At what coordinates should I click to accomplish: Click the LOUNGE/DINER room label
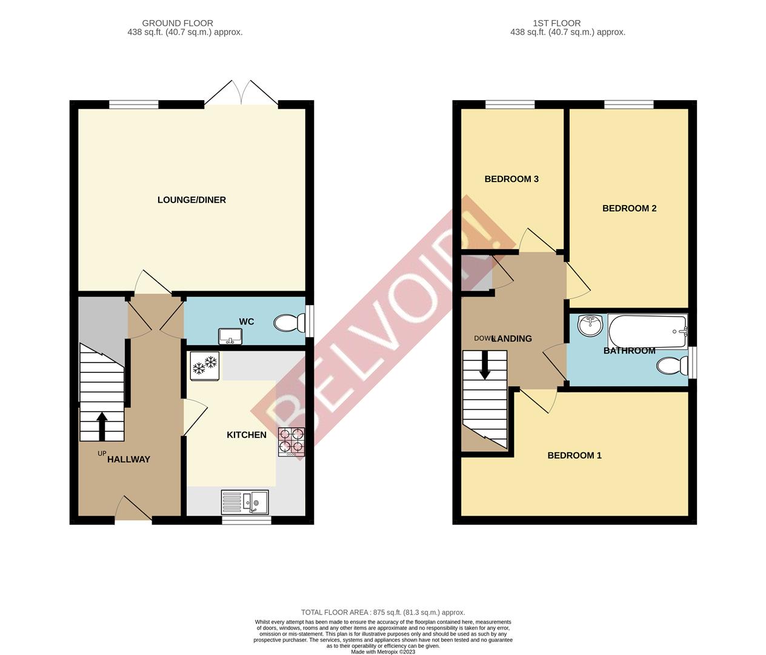pos(191,200)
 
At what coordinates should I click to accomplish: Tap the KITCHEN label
pos(247,435)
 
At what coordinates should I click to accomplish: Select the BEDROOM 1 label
pos(574,455)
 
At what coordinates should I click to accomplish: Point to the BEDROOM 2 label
pos(629,209)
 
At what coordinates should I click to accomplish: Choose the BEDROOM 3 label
pos(511,179)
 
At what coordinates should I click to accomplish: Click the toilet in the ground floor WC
pos(290,323)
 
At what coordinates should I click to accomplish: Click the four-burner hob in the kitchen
pos(291,442)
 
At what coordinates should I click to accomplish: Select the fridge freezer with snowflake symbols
pos(204,366)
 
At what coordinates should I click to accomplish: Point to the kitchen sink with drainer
pos(245,502)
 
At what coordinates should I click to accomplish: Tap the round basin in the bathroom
pos(590,326)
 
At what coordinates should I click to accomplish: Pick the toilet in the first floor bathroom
pos(673,366)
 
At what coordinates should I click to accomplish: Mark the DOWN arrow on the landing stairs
pos(485,368)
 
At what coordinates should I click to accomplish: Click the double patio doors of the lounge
pos(241,96)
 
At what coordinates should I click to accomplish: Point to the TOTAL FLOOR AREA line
pos(383,613)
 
